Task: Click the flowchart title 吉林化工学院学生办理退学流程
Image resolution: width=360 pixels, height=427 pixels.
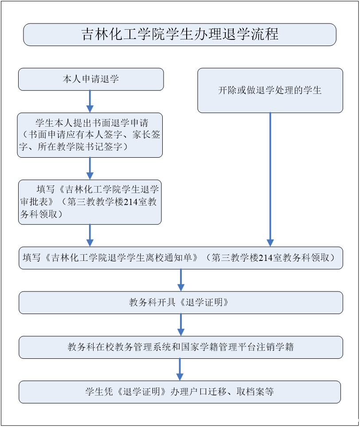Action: [x=180, y=35]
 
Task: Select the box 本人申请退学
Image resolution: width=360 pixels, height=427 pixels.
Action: [x=91, y=79]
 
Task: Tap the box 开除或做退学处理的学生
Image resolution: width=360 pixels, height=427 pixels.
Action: [x=270, y=90]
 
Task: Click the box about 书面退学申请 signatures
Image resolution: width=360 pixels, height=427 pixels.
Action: [x=90, y=135]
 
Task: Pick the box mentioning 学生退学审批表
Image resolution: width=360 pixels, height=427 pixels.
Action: [x=90, y=202]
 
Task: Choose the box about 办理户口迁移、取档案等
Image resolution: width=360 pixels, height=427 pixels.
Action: [x=180, y=392]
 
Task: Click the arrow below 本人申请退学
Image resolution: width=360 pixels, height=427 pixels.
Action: [x=90, y=101]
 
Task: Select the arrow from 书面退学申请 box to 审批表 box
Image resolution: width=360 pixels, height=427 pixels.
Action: [x=90, y=168]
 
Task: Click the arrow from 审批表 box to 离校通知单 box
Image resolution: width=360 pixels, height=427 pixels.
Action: [x=90, y=235]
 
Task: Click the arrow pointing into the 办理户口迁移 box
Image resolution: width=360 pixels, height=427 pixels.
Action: [x=180, y=369]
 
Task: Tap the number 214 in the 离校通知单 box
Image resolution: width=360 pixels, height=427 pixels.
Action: [x=265, y=258]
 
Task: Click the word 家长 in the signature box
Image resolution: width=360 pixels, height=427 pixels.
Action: [x=135, y=135]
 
